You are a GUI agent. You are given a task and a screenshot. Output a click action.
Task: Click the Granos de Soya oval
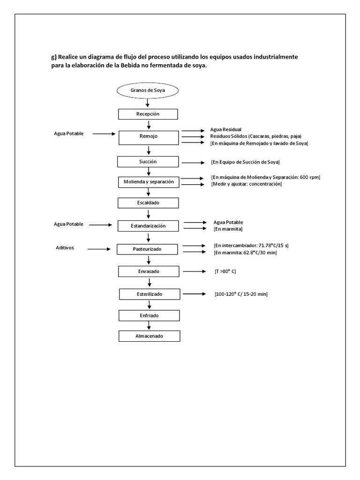pyautogui.click(x=148, y=90)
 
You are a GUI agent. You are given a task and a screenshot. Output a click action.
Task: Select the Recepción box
pyautogui.click(x=148, y=114)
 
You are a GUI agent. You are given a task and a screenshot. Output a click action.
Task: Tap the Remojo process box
pyautogui.click(x=148, y=136)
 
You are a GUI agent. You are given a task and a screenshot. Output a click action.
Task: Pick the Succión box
pyautogui.click(x=148, y=161)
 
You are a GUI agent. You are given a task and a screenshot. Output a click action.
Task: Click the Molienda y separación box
pyautogui.click(x=149, y=181)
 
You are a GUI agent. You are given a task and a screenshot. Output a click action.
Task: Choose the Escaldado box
pyautogui.click(x=148, y=202)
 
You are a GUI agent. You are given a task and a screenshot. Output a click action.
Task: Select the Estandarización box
pyautogui.click(x=148, y=226)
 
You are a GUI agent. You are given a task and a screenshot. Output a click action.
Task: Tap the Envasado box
pyautogui.click(x=148, y=271)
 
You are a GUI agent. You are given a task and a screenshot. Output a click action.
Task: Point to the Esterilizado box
pyautogui.click(x=149, y=294)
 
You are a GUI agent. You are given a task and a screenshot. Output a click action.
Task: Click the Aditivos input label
pyautogui.click(x=65, y=247)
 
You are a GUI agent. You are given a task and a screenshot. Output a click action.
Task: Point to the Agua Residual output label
pyautogui.click(x=226, y=129)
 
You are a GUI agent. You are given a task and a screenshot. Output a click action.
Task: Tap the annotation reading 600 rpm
pyautogui.click(x=309, y=177)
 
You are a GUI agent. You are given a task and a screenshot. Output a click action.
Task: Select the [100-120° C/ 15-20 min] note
pyautogui.click(x=241, y=294)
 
